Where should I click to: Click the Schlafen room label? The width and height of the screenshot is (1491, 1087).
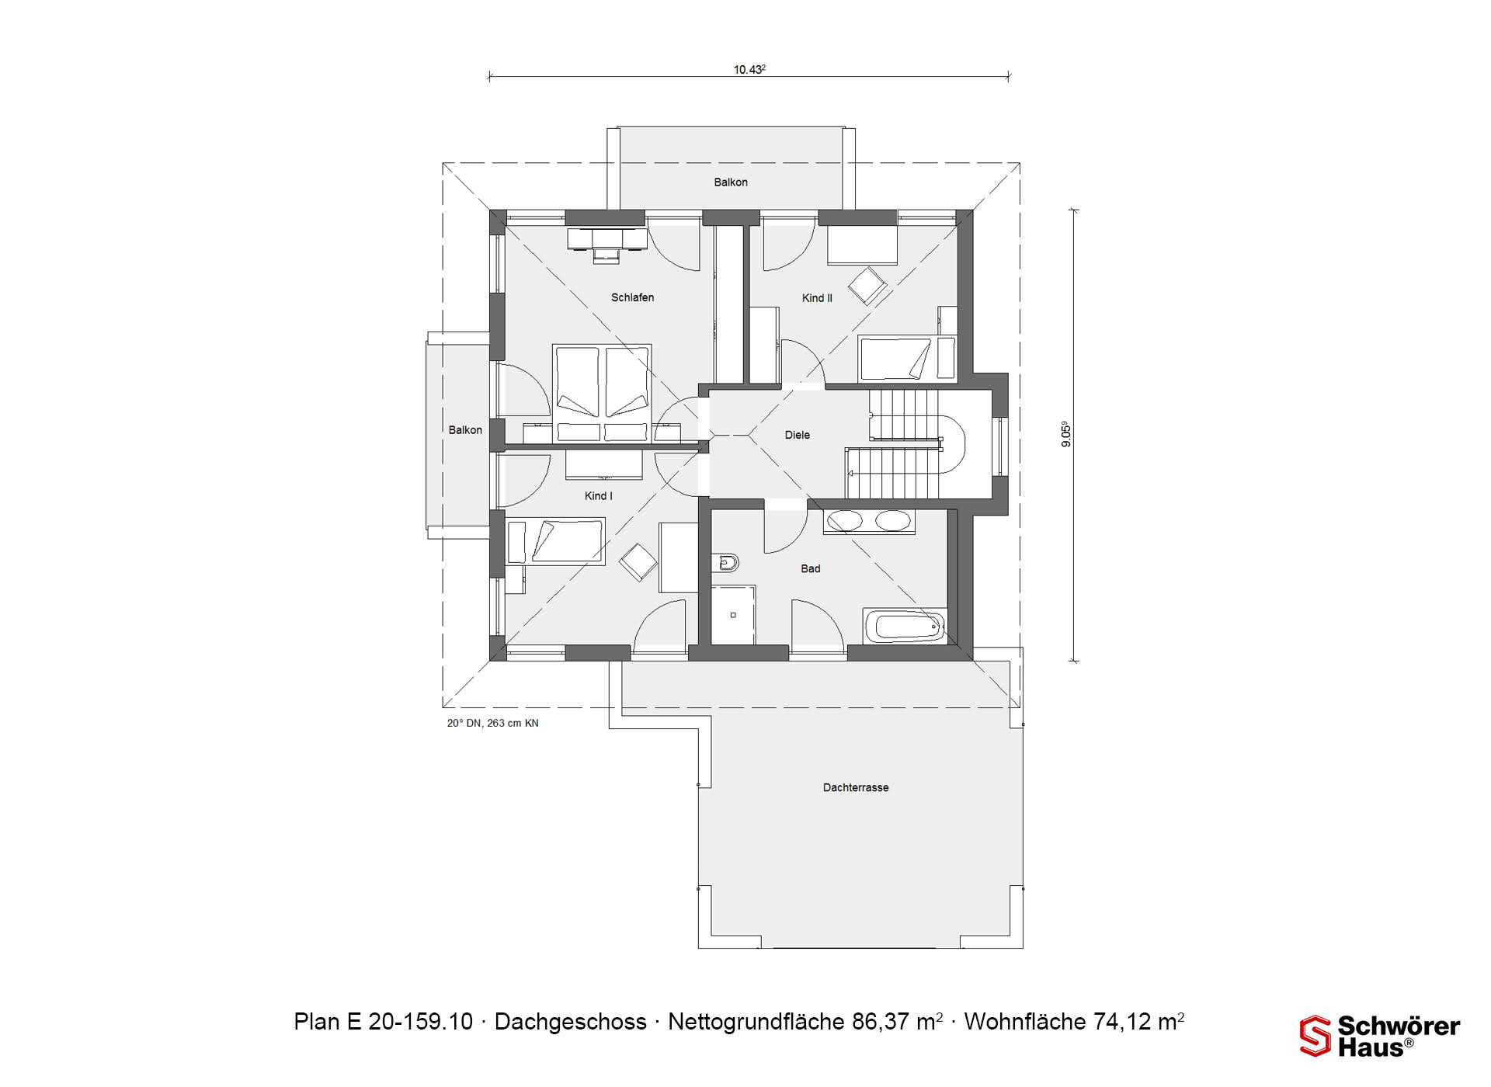coord(632,297)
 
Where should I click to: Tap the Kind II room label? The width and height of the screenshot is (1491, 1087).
coord(817,298)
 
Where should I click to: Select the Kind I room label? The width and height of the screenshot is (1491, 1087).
coord(598,496)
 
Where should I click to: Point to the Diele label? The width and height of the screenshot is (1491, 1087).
coord(797,435)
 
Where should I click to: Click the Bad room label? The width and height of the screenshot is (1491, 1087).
coord(810,568)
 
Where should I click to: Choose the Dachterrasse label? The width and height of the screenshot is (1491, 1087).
coord(856,787)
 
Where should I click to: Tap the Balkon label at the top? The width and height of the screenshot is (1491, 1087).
coord(731,182)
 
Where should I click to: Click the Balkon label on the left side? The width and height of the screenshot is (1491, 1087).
coord(465,430)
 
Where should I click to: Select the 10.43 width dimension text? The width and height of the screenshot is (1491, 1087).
coord(749,69)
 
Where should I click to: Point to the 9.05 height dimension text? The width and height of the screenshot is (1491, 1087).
coord(1066,434)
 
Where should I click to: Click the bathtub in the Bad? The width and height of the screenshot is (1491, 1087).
coord(905,626)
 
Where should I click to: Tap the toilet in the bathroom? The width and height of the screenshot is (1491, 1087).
coord(725,561)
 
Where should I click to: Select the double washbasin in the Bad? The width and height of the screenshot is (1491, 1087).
coord(869,521)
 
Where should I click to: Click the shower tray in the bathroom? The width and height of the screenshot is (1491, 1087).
coord(733,615)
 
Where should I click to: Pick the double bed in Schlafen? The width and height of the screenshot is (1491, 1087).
coord(602,394)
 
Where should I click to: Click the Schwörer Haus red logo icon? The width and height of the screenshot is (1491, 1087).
coord(1315,1036)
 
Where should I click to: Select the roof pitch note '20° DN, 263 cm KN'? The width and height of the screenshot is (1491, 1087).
coord(492,723)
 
